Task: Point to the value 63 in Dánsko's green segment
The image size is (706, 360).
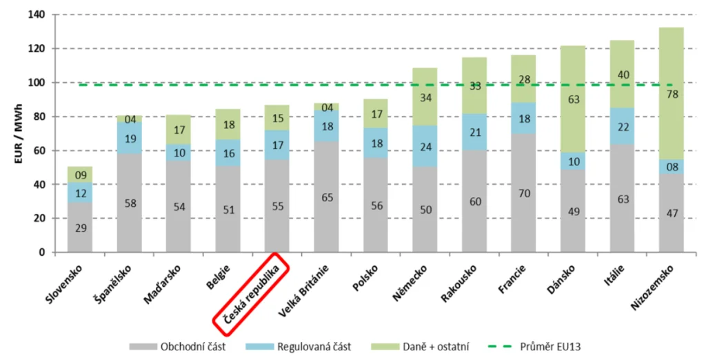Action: [x=572, y=99]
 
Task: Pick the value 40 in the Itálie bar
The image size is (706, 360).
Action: [x=623, y=74]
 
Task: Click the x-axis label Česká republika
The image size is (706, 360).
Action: [x=249, y=289]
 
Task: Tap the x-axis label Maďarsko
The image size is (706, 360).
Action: [x=161, y=284]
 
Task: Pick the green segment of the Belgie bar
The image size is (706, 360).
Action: [x=228, y=124]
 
